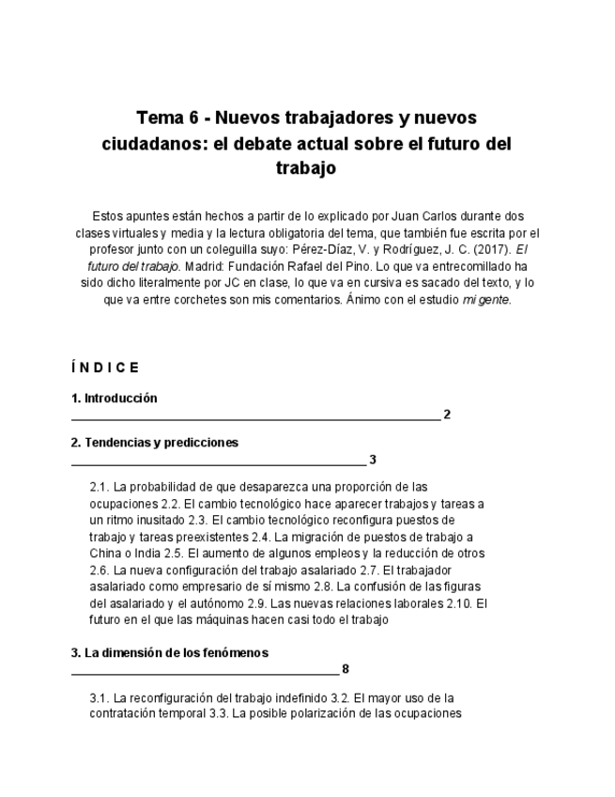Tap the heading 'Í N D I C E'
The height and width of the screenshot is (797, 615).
click(x=104, y=367)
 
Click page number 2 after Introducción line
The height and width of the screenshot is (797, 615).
click(x=447, y=414)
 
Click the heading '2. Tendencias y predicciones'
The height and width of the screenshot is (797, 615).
click(x=154, y=443)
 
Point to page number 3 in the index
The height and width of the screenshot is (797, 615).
click(x=373, y=460)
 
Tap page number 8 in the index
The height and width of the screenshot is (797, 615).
click(x=346, y=669)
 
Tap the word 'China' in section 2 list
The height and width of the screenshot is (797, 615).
click(x=107, y=554)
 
